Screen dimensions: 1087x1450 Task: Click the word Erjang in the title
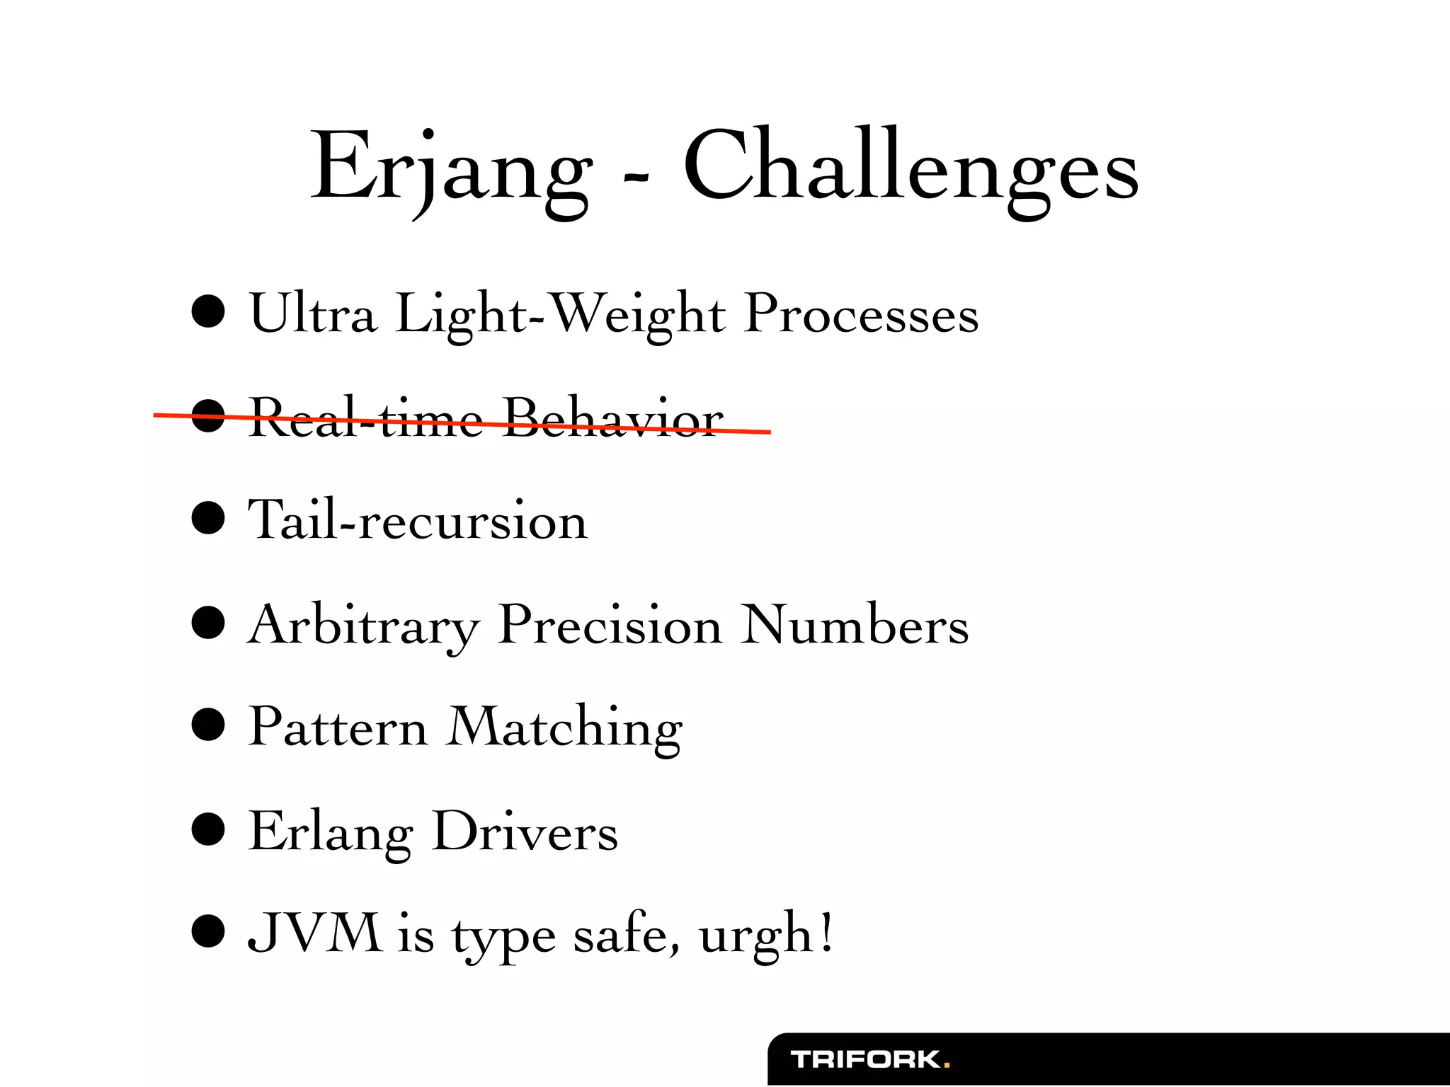pos(451,170)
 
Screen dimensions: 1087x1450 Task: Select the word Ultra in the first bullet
pos(312,314)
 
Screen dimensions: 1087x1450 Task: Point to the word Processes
pos(862,314)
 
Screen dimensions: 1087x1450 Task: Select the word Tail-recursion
pos(418,521)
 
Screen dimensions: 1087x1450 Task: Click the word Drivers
pos(525,832)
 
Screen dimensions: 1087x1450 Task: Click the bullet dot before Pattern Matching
pos(208,725)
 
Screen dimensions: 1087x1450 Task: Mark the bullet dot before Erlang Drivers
pos(208,829)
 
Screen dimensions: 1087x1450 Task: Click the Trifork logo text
pos(865,1060)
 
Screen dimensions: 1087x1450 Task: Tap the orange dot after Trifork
pos(947,1065)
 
